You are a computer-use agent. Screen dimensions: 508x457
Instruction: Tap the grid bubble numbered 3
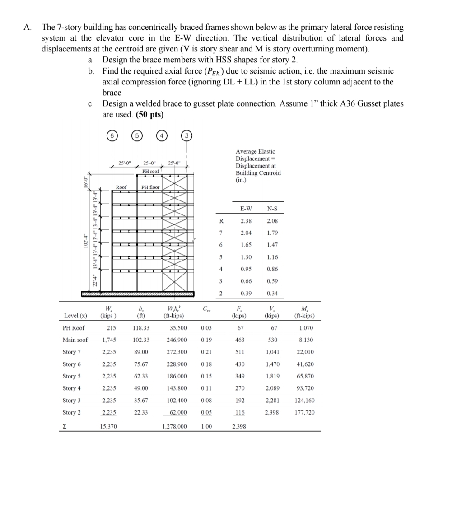click(187, 135)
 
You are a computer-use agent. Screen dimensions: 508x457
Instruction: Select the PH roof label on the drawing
click(151, 172)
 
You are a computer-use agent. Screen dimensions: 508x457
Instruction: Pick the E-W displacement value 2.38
click(246, 221)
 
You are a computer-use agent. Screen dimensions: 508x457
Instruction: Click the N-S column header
click(272, 209)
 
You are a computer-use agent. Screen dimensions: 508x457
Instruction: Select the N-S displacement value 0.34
click(272, 294)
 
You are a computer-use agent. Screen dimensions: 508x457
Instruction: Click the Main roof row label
click(75, 340)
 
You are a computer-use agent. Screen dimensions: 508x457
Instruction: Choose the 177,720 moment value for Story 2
click(304, 412)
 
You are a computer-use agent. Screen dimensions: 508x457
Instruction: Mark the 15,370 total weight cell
click(107, 426)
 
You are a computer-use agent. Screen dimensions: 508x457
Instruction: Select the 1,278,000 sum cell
click(174, 426)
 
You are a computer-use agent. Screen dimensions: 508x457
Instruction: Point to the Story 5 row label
click(72, 376)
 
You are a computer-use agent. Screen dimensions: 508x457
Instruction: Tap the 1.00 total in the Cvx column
click(206, 426)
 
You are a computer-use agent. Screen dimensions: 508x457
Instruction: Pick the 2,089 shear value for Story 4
click(272, 388)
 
